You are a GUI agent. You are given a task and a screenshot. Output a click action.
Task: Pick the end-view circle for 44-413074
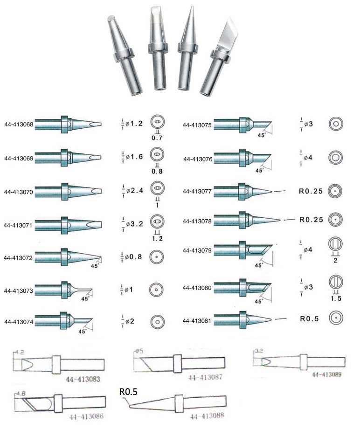point(157,321)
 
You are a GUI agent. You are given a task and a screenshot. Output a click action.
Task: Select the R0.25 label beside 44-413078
point(311,219)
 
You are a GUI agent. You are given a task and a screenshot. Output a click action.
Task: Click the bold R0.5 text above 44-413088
point(128,392)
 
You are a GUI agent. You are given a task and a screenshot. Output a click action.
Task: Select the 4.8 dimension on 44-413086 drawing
point(21,394)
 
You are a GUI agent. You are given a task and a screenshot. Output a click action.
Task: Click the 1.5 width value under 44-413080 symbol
point(336,298)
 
